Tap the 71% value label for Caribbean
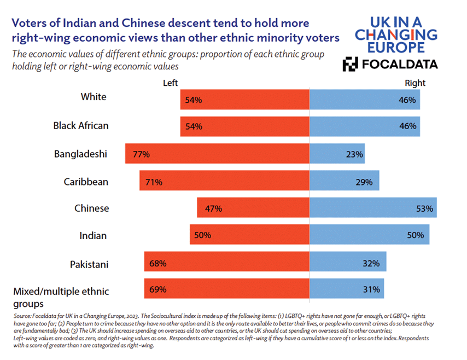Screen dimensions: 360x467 point(153,182)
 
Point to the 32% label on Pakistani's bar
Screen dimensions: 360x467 point(371,263)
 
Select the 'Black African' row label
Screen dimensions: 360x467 point(81,125)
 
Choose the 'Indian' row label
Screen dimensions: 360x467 point(93,236)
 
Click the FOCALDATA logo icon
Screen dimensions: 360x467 point(350,64)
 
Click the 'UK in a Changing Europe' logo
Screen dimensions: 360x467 point(396,34)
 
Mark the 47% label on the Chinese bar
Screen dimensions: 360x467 point(211,209)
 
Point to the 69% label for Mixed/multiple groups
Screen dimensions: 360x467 point(157,289)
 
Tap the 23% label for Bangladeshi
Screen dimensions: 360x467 point(354,154)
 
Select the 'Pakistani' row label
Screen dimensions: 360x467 point(89,264)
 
